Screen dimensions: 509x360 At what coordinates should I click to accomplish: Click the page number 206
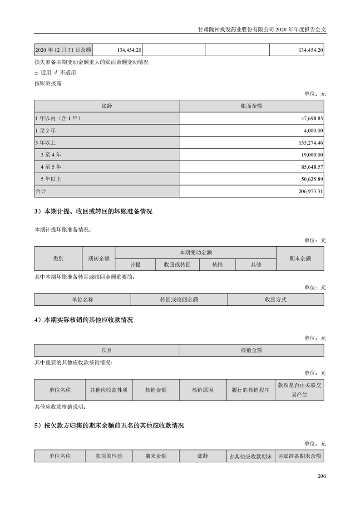(x=321, y=476)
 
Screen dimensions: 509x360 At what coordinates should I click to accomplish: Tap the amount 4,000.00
(x=313, y=131)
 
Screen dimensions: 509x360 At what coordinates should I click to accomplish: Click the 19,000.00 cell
(x=312, y=155)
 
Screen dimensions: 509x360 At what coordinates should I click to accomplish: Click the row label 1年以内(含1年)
(x=58, y=118)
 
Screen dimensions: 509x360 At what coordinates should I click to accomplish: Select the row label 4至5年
(x=51, y=167)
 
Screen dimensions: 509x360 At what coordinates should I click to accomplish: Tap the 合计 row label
(x=41, y=191)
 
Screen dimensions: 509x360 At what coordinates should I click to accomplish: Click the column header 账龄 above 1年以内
(x=107, y=106)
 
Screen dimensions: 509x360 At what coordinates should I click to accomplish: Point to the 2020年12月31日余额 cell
(x=63, y=50)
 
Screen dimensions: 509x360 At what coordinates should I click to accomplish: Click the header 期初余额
(x=99, y=258)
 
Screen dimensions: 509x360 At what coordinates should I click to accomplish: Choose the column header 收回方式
(x=276, y=299)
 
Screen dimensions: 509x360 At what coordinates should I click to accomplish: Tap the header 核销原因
(x=202, y=390)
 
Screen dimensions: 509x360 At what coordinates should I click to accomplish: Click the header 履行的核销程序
(x=250, y=390)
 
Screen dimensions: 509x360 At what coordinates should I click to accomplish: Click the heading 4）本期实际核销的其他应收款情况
(x=84, y=320)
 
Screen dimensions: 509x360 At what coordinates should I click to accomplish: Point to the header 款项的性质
(x=108, y=456)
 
